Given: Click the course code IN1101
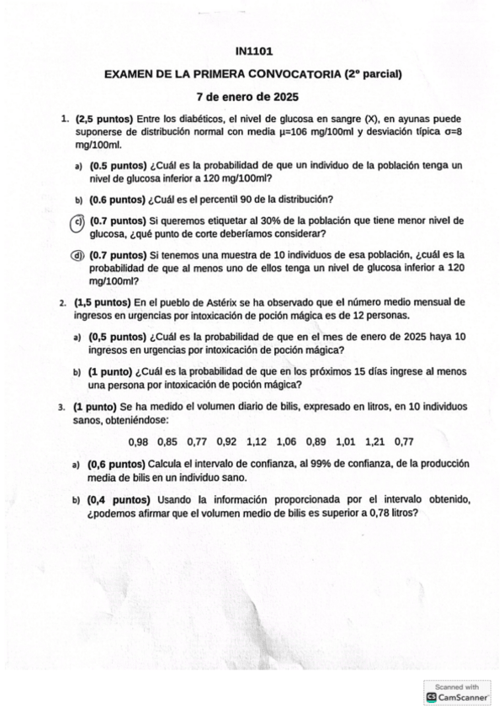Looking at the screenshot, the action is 253,52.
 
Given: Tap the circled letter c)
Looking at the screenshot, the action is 77,222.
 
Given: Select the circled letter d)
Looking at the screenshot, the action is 77,255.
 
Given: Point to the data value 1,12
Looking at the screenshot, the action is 257,441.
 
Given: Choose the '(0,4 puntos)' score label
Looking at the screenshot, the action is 119,500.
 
